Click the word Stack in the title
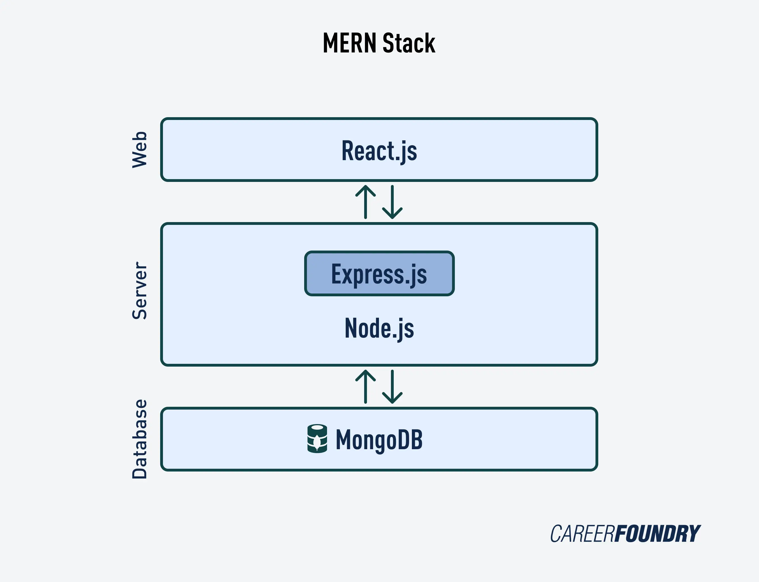[x=409, y=43]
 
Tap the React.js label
[x=379, y=151]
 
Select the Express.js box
[x=379, y=274]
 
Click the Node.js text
[x=379, y=328]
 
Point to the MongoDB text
[x=379, y=439]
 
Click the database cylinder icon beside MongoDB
[x=317, y=439]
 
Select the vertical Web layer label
[x=140, y=150]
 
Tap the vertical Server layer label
[x=140, y=290]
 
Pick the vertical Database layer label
[x=140, y=439]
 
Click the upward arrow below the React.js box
[x=366, y=202]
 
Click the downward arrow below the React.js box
[x=392, y=202]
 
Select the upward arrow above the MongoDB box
[x=366, y=387]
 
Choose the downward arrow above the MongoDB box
[x=392, y=387]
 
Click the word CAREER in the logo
[x=582, y=534]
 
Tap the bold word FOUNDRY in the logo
[x=657, y=534]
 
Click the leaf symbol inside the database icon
[x=317, y=442]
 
